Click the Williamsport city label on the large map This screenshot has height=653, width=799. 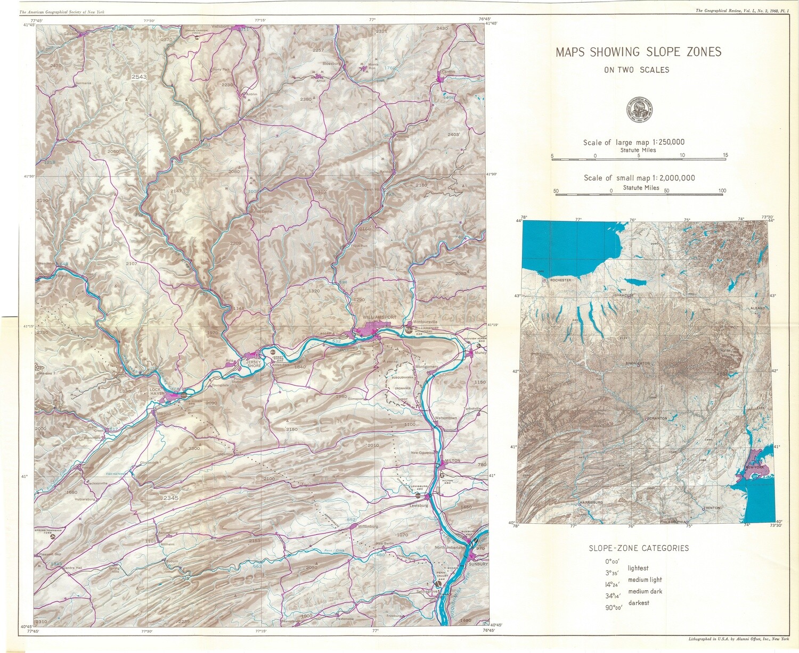pos(379,317)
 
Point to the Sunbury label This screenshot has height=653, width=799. pos(478,563)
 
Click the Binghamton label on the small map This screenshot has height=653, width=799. pos(638,363)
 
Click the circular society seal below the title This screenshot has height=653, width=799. pos(639,110)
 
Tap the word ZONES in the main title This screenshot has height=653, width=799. pos(702,52)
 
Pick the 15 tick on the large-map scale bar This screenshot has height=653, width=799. pos(725,155)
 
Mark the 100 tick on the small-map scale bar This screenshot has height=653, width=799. pos(722,191)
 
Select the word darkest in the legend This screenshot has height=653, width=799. pos(639,603)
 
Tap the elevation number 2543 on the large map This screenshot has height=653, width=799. pos(139,77)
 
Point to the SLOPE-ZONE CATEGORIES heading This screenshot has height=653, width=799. pos(639,548)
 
